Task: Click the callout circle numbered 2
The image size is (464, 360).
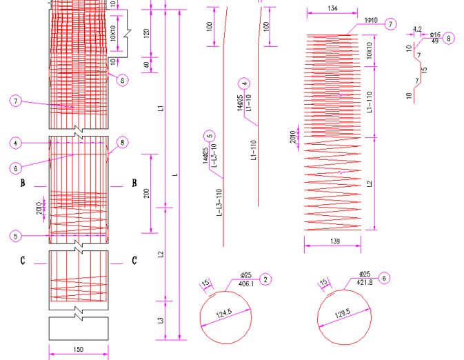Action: [266, 279]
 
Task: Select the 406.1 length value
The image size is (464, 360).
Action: [246, 283]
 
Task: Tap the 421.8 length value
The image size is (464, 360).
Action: [364, 282]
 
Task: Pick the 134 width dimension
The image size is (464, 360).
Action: [333, 8]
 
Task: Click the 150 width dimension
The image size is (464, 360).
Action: [78, 350]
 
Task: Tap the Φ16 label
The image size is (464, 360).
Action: [435, 34]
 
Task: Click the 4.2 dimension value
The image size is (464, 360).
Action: [416, 30]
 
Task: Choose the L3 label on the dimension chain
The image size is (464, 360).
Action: [161, 320]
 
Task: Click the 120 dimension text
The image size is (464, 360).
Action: [146, 33]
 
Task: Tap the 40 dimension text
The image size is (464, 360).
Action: [146, 65]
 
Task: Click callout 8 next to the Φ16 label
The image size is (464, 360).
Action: [450, 39]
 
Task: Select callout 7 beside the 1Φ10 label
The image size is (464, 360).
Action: [391, 24]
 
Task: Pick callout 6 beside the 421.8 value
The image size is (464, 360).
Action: [385, 278]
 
